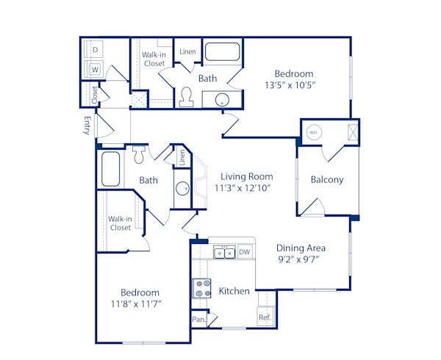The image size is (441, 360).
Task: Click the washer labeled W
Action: coord(95,70)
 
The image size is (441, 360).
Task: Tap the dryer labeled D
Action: coord(95,50)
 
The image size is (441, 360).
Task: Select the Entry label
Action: coord(87,126)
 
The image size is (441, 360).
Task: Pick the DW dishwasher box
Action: coord(244,252)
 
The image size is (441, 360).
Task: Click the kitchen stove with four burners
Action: coord(201,289)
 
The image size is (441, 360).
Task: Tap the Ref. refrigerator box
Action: coord(265,317)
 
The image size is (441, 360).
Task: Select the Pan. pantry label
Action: coord(198,320)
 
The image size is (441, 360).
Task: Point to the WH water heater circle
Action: coord(314,132)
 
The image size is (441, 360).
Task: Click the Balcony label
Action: coord(327,180)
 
